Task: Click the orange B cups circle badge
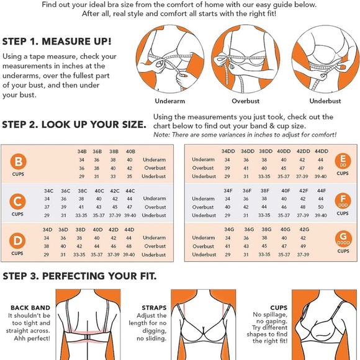[x=19, y=161]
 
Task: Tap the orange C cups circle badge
[x=17, y=202]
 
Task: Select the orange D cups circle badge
[x=17, y=241]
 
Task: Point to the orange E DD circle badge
[x=343, y=161]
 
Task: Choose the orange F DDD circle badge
[x=343, y=200]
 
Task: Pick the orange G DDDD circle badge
[x=343, y=238]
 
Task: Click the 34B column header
[x=82, y=151]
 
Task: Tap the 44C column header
[x=130, y=191]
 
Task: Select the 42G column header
[x=304, y=230]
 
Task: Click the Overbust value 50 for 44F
[x=321, y=207]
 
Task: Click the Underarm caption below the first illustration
[x=170, y=101]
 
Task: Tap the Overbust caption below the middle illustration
[x=245, y=101]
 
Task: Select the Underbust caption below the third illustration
[x=325, y=101]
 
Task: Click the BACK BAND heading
[x=30, y=308]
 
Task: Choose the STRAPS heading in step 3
[x=154, y=308]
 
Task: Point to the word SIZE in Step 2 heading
[x=134, y=125]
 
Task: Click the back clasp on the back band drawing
[x=88, y=337]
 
